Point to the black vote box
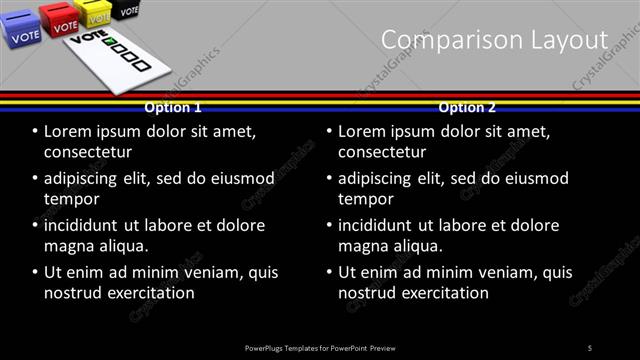(126, 8)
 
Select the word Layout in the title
(569, 39)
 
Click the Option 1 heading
(173, 107)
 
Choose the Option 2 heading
(466, 107)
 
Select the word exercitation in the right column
(444, 293)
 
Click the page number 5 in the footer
(590, 347)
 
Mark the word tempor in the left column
(71, 199)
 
